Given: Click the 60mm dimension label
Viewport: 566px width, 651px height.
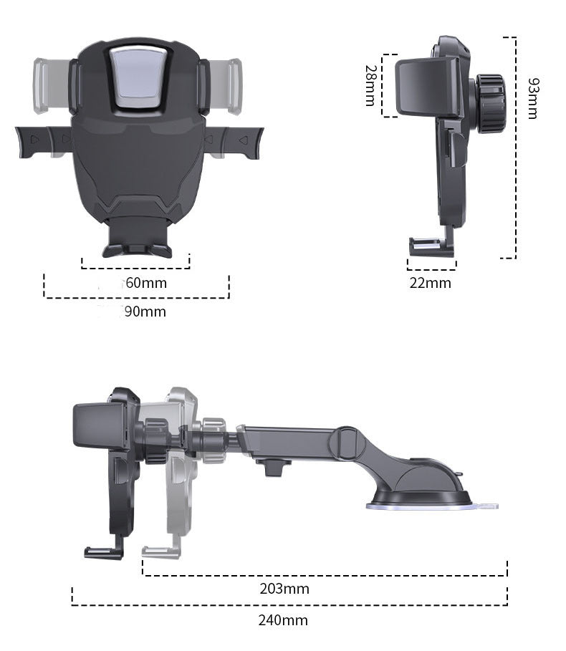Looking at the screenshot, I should pos(146,283).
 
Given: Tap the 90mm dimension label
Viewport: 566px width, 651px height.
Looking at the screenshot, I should pos(145,312).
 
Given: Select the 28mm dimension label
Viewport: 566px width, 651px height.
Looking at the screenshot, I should pos(370,85).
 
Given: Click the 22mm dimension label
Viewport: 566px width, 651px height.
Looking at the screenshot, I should pos(431,283).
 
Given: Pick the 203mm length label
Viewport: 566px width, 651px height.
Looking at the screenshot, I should pos(284,589).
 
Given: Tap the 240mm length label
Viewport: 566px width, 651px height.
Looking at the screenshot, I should pos(283,620).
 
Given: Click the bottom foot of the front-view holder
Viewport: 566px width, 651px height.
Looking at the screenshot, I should pos(137,247).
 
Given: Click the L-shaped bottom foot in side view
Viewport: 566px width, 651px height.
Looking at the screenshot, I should pos(431,247).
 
